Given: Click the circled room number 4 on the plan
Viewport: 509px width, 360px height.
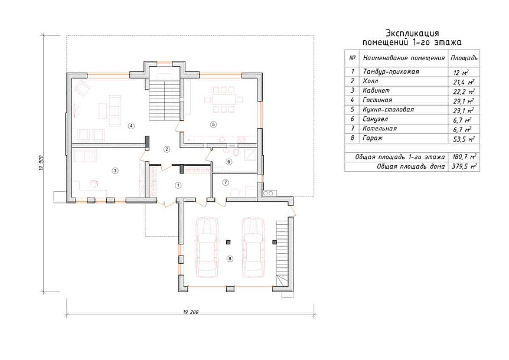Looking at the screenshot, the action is click(131, 126).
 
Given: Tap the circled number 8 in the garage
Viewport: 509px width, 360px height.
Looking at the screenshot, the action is click(230, 258).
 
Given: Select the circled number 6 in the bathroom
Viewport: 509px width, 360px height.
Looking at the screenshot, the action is click(229, 162).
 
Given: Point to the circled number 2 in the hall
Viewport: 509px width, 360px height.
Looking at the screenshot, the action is click(167, 149).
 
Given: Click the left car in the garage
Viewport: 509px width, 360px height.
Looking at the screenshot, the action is click(207, 247).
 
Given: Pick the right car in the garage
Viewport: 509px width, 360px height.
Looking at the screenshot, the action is click(253, 247).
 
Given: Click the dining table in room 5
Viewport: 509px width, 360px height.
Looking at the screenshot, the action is click(223, 99).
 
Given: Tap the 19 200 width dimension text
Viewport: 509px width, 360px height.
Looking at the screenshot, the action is click(191, 312).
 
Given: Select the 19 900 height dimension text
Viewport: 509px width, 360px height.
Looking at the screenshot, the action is click(41, 163).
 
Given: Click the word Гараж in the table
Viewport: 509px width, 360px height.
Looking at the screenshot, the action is click(373, 138).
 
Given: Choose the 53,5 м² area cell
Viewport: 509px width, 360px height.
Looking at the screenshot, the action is click(464, 139).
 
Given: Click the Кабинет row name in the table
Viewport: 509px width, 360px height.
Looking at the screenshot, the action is click(376, 90).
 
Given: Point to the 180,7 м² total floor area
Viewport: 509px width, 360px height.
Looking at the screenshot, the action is click(464, 157).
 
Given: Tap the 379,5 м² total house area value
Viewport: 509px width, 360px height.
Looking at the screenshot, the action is click(464, 166).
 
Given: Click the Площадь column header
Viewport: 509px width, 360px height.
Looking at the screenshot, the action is click(464, 58).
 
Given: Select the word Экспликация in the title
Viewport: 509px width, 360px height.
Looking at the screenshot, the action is click(412, 33).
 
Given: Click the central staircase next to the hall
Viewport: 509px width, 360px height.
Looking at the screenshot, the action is click(164, 96).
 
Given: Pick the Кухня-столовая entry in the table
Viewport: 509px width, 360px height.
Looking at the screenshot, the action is click(388, 110).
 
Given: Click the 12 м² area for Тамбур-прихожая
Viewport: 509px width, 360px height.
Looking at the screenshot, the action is click(461, 73).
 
